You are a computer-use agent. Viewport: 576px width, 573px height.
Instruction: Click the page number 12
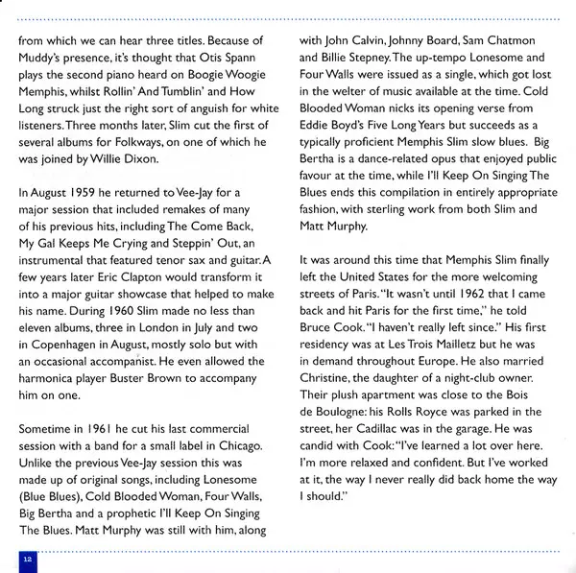coord(27,557)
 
